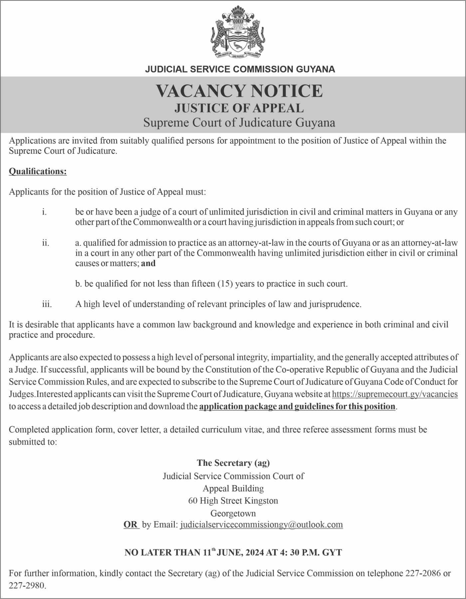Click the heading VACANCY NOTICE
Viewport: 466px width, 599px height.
[x=239, y=91]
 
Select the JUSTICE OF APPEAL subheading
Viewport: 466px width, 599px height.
[x=239, y=108]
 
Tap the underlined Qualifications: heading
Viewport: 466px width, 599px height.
[x=38, y=171]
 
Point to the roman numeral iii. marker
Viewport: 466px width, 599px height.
[x=47, y=304]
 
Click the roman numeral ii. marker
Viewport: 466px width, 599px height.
[x=46, y=243]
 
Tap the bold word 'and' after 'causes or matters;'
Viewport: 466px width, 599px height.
[x=148, y=264]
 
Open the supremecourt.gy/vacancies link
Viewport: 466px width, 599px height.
[x=395, y=394]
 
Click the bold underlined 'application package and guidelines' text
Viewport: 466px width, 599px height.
[x=297, y=407]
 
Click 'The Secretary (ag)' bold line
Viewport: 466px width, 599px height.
[x=233, y=463]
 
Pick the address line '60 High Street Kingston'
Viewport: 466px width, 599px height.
[x=233, y=501]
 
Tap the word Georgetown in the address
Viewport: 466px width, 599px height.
[x=233, y=513]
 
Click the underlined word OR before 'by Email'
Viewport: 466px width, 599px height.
[x=130, y=525]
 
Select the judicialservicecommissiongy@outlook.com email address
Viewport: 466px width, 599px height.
[x=261, y=525]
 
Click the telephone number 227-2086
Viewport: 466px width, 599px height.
[x=423, y=573]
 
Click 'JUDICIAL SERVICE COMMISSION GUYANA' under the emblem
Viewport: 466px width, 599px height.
[x=240, y=69]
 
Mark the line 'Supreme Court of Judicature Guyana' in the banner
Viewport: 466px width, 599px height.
[x=239, y=123]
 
